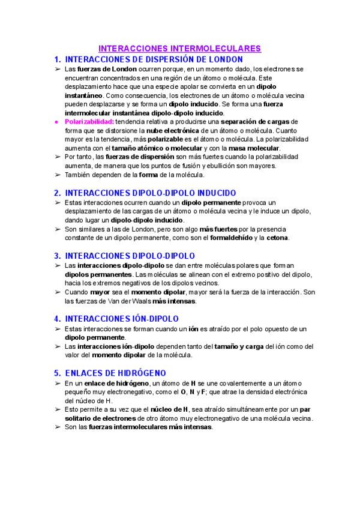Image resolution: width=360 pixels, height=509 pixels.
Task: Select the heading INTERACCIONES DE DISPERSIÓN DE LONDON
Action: [154, 59]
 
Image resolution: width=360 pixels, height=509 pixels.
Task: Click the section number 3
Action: [57, 256]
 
